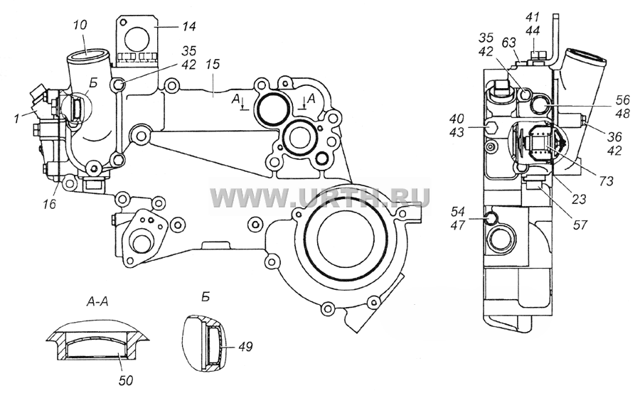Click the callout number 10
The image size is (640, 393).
pyautogui.click(x=80, y=26)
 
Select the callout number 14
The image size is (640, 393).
pyautogui.click(x=189, y=26)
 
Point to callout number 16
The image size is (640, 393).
pyautogui.click(x=49, y=203)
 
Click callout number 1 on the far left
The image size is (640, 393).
pyautogui.click(x=16, y=119)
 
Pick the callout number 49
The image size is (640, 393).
pyautogui.click(x=245, y=347)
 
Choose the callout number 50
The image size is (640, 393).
pyautogui.click(x=126, y=380)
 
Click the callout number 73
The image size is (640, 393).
pyautogui.click(x=606, y=180)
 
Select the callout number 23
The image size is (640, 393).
pyautogui.click(x=578, y=199)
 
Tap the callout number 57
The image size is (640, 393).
pyautogui.click(x=580, y=225)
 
